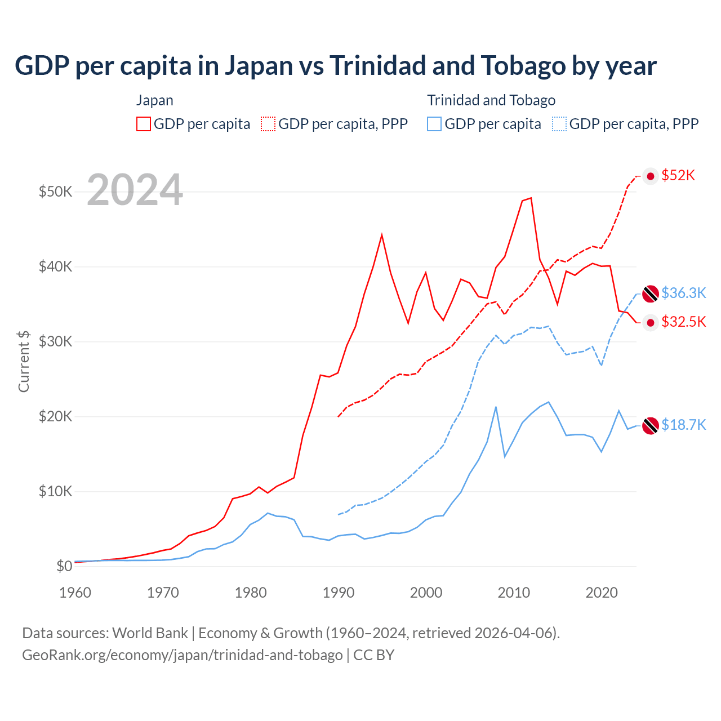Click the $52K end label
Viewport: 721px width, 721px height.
(x=678, y=176)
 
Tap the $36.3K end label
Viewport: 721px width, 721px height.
(x=683, y=293)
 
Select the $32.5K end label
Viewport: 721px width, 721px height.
(x=683, y=322)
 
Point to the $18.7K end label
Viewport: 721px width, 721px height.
(x=683, y=425)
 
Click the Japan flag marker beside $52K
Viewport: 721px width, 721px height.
(x=651, y=176)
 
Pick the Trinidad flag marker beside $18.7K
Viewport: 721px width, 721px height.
(x=651, y=426)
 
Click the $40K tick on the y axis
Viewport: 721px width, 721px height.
(x=55, y=266)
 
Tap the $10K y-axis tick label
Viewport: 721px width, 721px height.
(x=55, y=491)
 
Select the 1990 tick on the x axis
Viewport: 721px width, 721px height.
(x=338, y=593)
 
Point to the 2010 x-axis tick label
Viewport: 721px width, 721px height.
(x=514, y=593)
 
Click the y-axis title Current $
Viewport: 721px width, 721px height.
(x=24, y=361)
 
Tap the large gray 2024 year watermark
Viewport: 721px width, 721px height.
(x=135, y=190)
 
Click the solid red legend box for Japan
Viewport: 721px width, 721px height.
(x=144, y=124)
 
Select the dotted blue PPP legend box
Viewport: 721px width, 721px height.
(x=559, y=124)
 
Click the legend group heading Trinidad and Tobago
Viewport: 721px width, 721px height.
(x=491, y=100)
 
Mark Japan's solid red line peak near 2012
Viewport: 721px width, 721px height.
(x=531, y=198)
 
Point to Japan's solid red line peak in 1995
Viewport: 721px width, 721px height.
(x=382, y=234)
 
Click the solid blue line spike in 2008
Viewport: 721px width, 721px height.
(x=496, y=407)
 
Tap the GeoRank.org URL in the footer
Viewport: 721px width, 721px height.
(x=182, y=655)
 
